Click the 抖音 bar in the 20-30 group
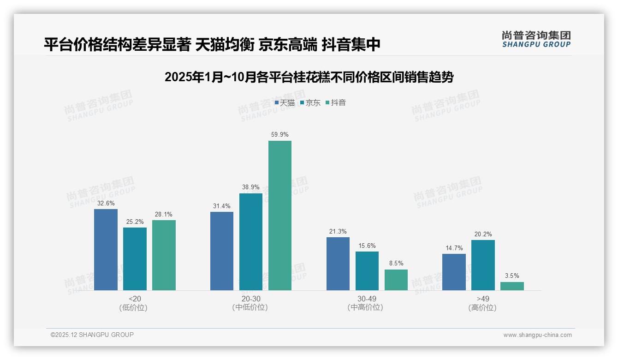(x=280, y=216)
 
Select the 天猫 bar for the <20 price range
(x=106, y=250)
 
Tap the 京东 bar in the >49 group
(x=483, y=265)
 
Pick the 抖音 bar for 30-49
(x=396, y=280)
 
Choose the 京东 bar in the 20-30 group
(x=251, y=242)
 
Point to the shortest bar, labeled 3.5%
(x=512, y=286)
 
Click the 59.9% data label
(x=280, y=135)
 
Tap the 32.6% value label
(x=106, y=203)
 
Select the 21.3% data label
(x=338, y=231)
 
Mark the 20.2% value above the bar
(x=483, y=234)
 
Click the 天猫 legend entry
(x=285, y=103)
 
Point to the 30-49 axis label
(x=367, y=299)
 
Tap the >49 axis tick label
(x=483, y=299)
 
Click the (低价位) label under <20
(x=133, y=308)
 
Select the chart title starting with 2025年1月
(x=309, y=77)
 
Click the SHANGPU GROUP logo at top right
(x=536, y=40)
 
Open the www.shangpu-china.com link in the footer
(x=537, y=335)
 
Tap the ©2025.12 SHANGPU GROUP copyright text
(x=92, y=335)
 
